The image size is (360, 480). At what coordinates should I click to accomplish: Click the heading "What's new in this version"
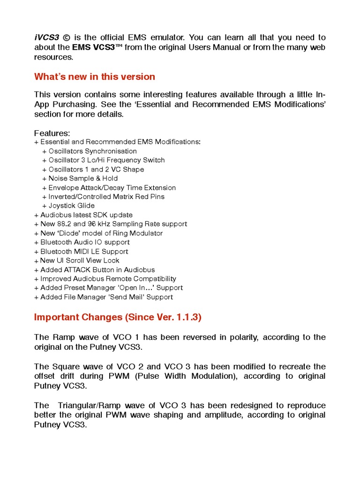pyautogui.click(x=94, y=77)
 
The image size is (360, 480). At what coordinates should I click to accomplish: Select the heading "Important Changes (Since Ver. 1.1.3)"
pyautogui.click(x=118, y=317)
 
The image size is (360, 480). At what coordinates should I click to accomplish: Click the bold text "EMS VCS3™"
pyautogui.click(x=97, y=47)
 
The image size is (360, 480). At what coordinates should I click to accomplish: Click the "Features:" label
pyautogui.click(x=52, y=133)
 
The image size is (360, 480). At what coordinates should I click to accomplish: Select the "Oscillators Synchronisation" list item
pyautogui.click(x=92, y=151)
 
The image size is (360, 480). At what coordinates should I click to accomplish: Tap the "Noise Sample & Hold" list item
pyautogui.click(x=83, y=178)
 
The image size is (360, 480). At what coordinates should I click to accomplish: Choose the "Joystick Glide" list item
pyautogui.click(x=71, y=205)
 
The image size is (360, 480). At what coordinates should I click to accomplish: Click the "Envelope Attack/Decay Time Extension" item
pyautogui.click(x=112, y=187)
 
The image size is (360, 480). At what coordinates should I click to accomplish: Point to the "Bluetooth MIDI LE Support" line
pyautogui.click(x=84, y=251)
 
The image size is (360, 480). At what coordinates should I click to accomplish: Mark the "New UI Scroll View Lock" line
pyautogui.click(x=80, y=260)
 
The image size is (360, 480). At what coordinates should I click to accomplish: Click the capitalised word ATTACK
pyautogui.click(x=76, y=270)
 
